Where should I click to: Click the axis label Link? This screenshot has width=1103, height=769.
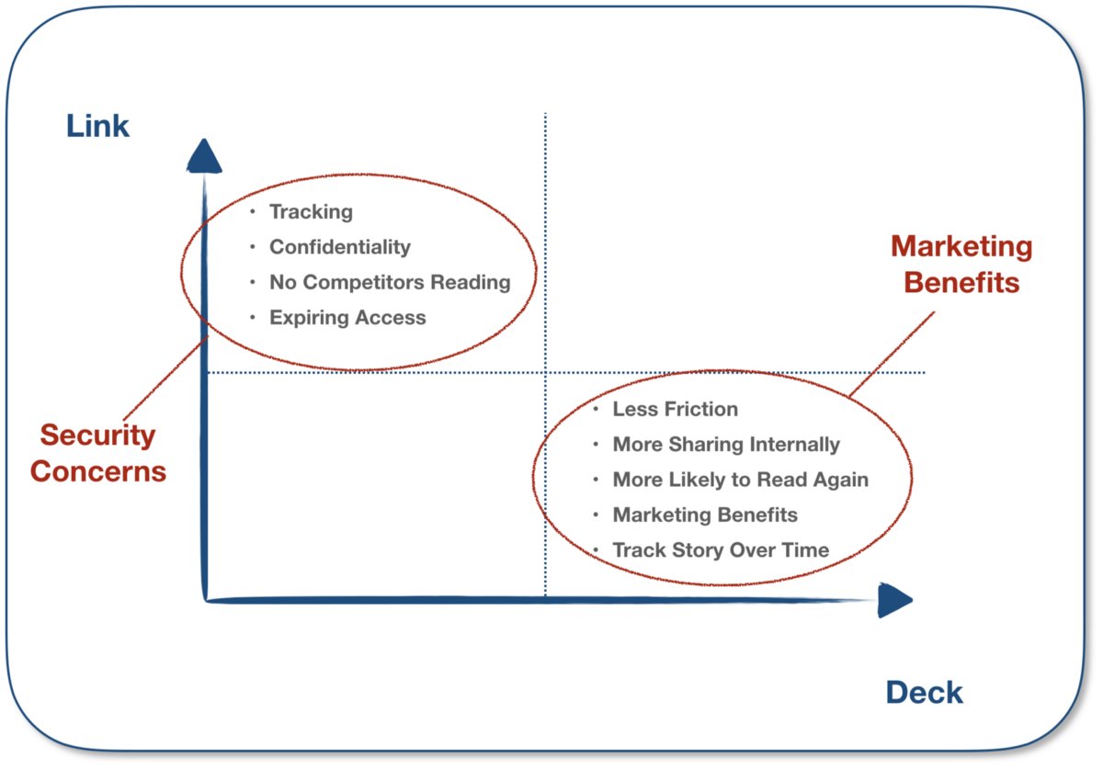pos(97,126)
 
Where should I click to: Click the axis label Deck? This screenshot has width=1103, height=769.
pos(924,692)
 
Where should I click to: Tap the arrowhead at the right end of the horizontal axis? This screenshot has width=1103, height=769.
pos(893,600)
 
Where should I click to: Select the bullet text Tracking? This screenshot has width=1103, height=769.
pos(311,212)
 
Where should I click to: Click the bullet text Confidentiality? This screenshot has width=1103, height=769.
pos(339,247)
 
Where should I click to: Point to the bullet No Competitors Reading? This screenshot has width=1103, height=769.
pos(389,282)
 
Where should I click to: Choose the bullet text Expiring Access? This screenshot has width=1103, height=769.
pos(347,318)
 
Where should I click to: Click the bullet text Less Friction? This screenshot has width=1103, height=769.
pos(675,409)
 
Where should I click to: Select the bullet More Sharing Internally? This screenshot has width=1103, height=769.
pos(726,445)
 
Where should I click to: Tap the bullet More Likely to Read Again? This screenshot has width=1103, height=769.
pos(740,480)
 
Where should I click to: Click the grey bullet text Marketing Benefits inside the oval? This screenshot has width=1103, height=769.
pos(705,515)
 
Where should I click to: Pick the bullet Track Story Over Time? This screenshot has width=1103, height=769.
pos(721,550)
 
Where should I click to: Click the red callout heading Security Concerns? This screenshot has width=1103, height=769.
pos(98,453)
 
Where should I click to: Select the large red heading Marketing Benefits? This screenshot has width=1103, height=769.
pos(961,264)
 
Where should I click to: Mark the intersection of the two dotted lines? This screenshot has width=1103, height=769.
pos(545,372)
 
